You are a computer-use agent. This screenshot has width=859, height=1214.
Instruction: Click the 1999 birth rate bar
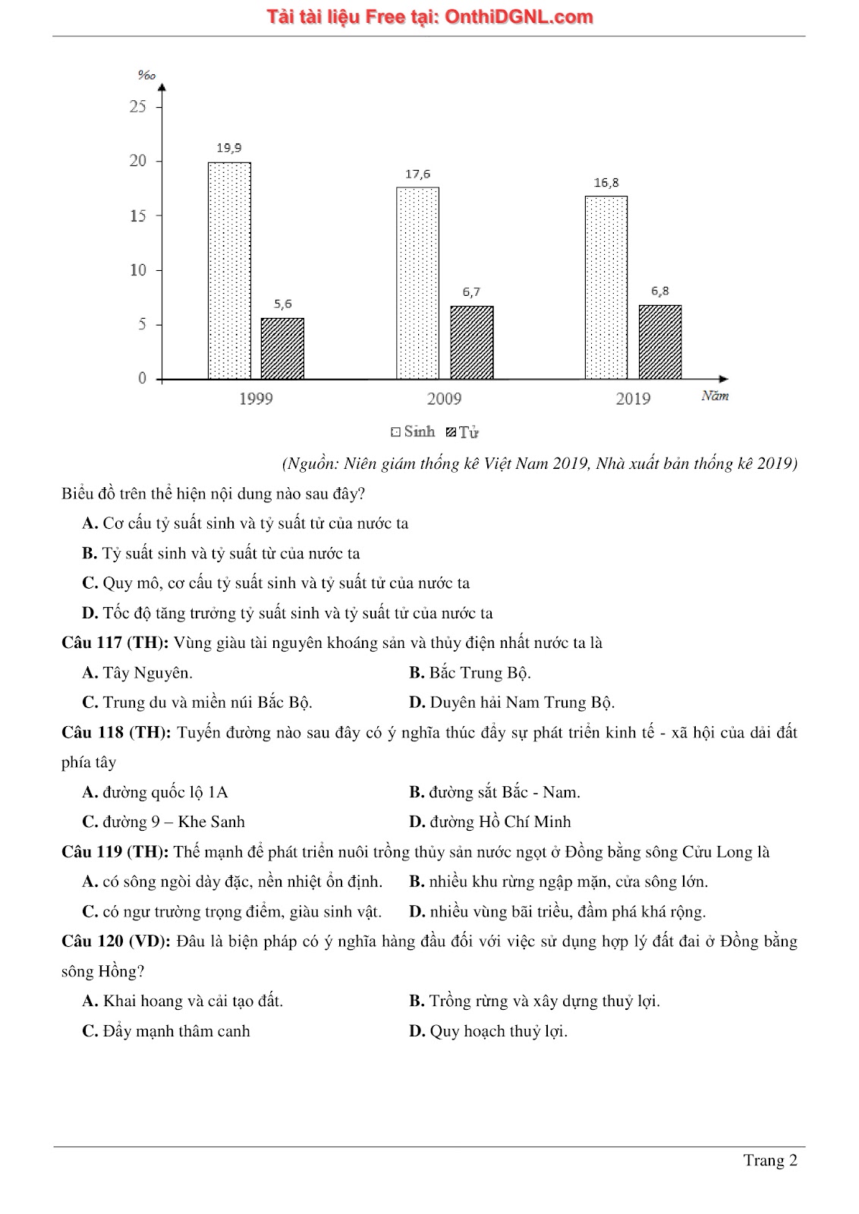tap(229, 270)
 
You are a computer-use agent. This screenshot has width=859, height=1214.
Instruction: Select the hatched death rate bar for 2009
tap(471, 342)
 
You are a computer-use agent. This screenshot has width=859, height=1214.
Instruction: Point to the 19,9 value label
tap(229, 148)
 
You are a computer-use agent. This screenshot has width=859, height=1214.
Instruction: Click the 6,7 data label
tap(471, 292)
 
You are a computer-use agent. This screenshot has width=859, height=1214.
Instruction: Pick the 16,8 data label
tap(606, 183)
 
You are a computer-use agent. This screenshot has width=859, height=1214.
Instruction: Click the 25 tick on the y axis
tap(137, 106)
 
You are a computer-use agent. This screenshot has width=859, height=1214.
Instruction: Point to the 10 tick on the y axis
tap(137, 270)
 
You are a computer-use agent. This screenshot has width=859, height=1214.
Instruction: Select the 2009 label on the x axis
tap(444, 399)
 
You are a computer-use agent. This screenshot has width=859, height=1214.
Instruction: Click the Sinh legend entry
tap(414, 432)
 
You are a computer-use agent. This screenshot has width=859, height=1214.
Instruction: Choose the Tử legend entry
tap(463, 432)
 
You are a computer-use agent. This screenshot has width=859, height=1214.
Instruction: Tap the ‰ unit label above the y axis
tap(146, 75)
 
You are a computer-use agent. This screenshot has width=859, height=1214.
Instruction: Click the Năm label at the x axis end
tap(715, 396)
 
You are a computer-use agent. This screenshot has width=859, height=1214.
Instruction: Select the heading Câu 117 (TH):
tap(115, 643)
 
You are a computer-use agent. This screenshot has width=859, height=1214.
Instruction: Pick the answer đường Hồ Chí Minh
tap(500, 822)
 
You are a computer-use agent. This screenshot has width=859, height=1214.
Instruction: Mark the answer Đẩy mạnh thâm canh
tap(176, 1031)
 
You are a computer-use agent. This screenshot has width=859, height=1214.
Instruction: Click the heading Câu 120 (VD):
tap(116, 942)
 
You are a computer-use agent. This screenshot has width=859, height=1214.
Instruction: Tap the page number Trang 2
tap(770, 1160)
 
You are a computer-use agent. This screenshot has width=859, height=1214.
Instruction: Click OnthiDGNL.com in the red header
tap(518, 17)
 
